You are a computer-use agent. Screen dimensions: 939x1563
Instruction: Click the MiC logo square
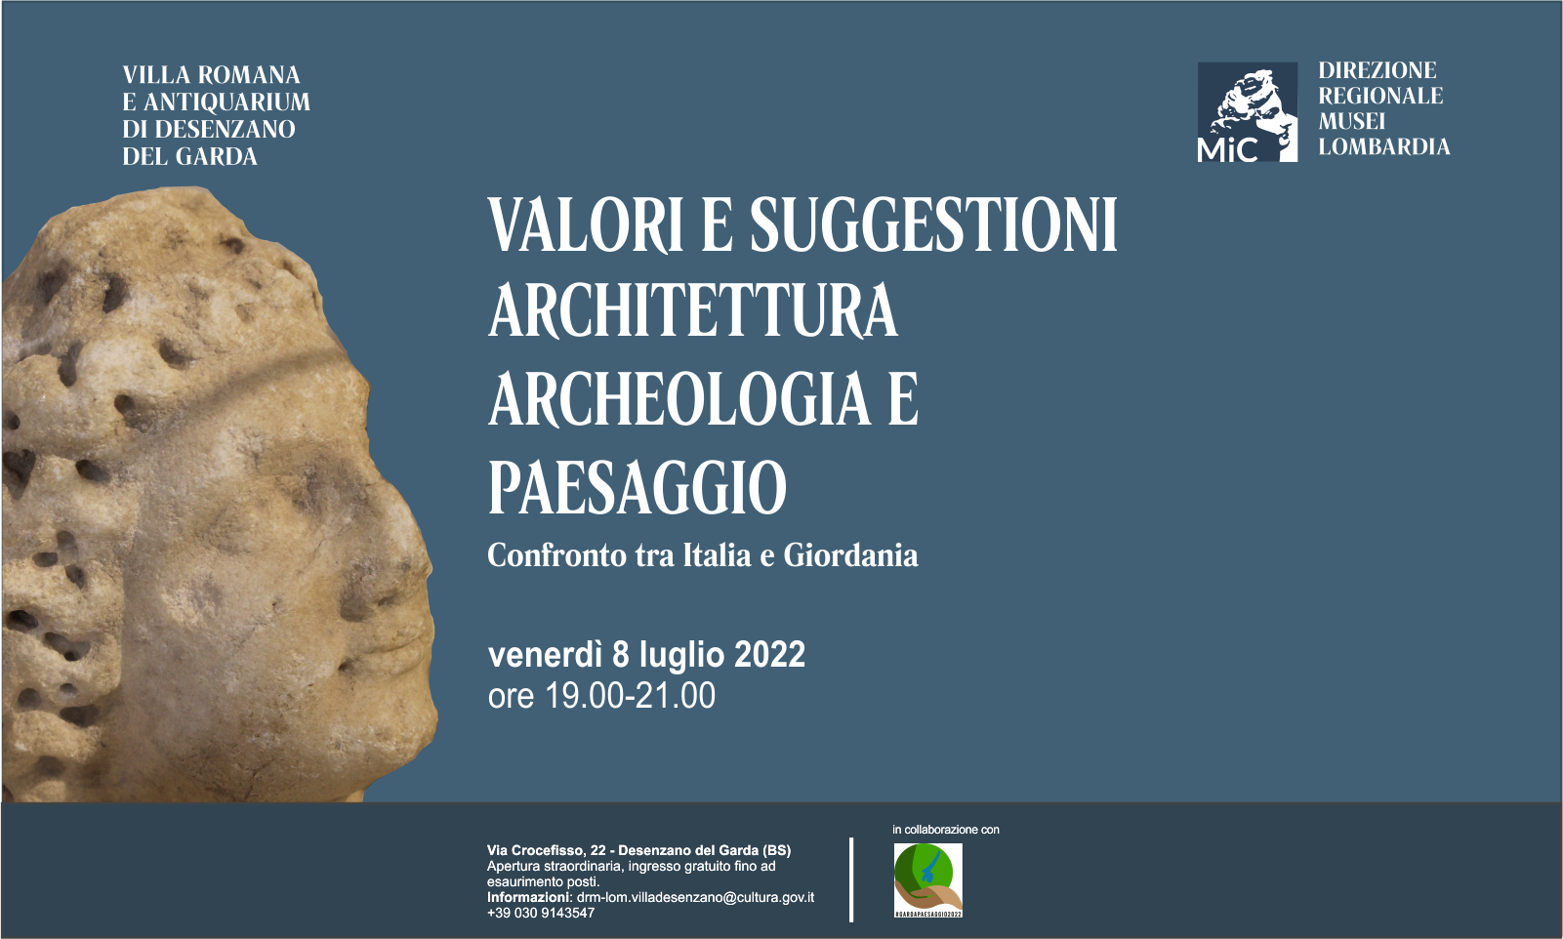click(x=1247, y=111)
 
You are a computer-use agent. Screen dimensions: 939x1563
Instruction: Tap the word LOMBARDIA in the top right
click(x=1383, y=147)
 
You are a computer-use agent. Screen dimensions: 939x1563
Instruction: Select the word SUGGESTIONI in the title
click(x=932, y=225)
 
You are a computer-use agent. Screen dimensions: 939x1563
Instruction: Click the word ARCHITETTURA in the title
click(x=692, y=311)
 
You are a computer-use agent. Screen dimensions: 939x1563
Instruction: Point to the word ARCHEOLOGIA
click(x=679, y=399)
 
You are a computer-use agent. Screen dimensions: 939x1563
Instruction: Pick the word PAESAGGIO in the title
click(x=637, y=487)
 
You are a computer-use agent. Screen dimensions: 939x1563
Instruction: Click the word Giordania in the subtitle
click(x=850, y=555)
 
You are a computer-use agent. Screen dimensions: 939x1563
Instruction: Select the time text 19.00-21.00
click(x=630, y=696)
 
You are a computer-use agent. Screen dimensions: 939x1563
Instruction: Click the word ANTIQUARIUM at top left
click(x=226, y=102)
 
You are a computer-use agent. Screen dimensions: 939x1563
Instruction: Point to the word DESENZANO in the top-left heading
click(x=225, y=130)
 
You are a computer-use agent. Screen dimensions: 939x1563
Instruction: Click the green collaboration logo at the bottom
click(x=927, y=879)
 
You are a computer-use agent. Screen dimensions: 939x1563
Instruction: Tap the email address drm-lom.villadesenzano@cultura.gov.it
click(x=695, y=897)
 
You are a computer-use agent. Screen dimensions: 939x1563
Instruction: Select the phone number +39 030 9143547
click(x=541, y=913)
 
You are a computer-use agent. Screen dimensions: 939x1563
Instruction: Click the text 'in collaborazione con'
click(x=945, y=830)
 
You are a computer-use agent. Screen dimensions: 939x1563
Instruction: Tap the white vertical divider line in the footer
click(x=851, y=878)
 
